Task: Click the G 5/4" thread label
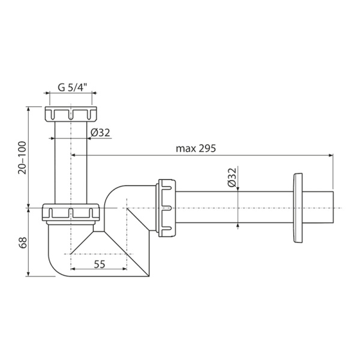(x=73, y=88)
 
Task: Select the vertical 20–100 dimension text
(x=23, y=158)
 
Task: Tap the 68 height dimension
(x=23, y=242)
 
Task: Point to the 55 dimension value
(x=100, y=265)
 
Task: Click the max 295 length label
(x=196, y=149)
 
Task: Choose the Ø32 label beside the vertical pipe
(x=100, y=133)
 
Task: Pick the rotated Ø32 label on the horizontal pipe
(x=232, y=177)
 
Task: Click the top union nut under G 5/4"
(x=71, y=114)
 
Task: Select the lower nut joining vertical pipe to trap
(x=71, y=212)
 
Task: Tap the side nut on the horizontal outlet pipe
(x=166, y=208)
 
